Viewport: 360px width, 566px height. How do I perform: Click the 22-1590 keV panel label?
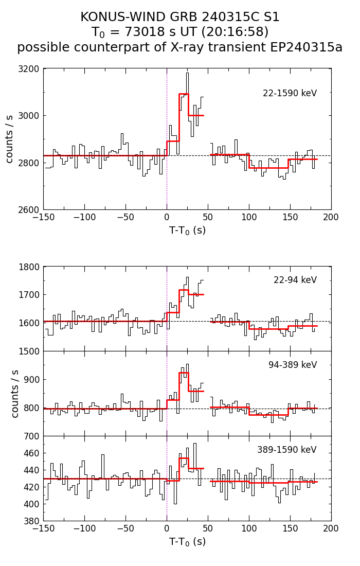290,93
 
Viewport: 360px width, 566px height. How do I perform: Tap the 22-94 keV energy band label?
295,280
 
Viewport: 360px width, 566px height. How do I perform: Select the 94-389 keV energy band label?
292,365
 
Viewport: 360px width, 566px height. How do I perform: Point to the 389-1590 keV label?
286,450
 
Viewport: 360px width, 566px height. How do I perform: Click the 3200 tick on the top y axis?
30,69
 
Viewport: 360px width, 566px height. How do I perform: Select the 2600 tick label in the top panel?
30,210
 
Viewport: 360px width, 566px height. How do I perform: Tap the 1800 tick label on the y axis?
30,267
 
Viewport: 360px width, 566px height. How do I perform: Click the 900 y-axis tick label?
32,380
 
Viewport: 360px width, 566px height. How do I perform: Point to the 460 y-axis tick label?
32,453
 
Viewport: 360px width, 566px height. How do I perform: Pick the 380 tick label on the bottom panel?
32,521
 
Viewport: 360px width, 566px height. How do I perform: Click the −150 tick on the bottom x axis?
43,528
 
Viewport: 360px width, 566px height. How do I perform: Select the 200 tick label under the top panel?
331,217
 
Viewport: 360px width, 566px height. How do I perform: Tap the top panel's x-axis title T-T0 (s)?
187,231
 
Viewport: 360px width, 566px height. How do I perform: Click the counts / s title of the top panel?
10,139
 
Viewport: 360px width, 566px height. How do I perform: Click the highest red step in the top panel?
184,94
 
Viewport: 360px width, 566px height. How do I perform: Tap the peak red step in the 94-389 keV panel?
184,373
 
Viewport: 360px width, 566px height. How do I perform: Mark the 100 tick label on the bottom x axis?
249,528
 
